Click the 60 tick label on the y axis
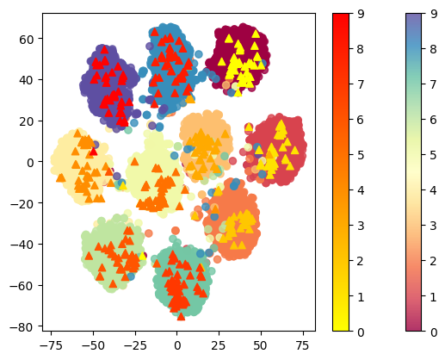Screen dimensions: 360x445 [26, 39]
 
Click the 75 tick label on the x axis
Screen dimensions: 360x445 [303, 344]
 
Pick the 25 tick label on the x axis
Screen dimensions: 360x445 [219, 344]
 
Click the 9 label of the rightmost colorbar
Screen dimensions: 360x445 [437, 14]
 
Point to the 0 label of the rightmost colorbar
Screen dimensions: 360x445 [437, 331]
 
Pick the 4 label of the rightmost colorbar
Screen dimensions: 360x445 [437, 190]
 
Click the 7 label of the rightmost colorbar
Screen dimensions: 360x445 [437, 84]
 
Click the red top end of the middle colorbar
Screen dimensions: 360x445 [341, 17]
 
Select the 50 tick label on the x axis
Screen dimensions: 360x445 [261, 344]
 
